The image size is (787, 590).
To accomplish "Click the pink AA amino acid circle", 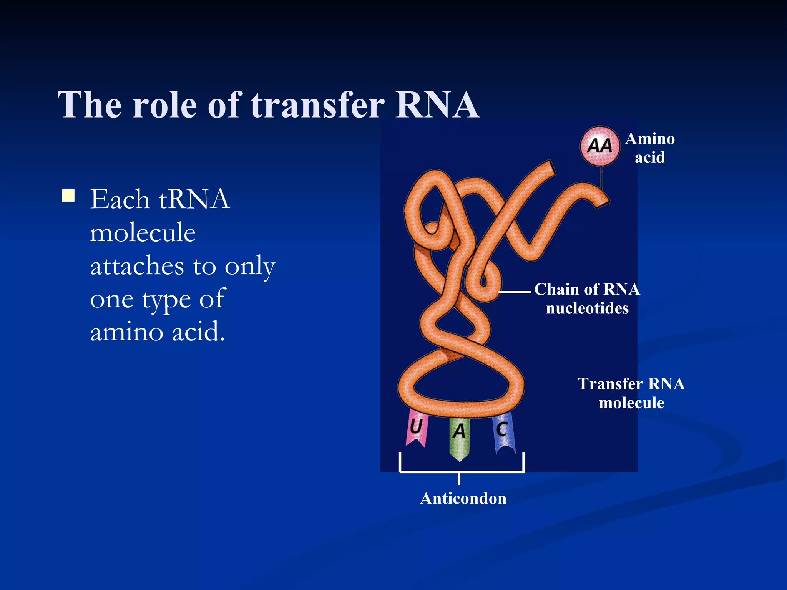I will (x=599, y=146).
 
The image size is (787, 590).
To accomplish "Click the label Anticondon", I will (x=463, y=499).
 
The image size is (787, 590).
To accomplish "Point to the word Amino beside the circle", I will (x=650, y=139).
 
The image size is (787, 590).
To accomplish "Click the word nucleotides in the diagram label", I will (x=587, y=308).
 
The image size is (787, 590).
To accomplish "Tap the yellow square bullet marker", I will (x=68, y=196).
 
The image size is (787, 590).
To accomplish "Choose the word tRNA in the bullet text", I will (x=194, y=199).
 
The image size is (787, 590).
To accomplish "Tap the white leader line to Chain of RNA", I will (x=515, y=292).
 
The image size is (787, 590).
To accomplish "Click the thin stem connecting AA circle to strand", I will (x=601, y=177).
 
